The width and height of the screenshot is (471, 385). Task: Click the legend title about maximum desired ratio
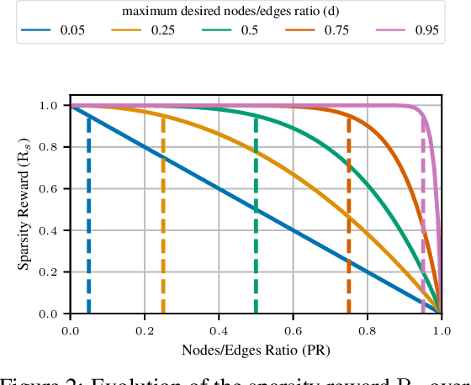click(235, 11)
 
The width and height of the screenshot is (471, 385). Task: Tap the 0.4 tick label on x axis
click(219, 330)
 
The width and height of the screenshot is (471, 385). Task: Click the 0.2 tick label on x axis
click(145, 330)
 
